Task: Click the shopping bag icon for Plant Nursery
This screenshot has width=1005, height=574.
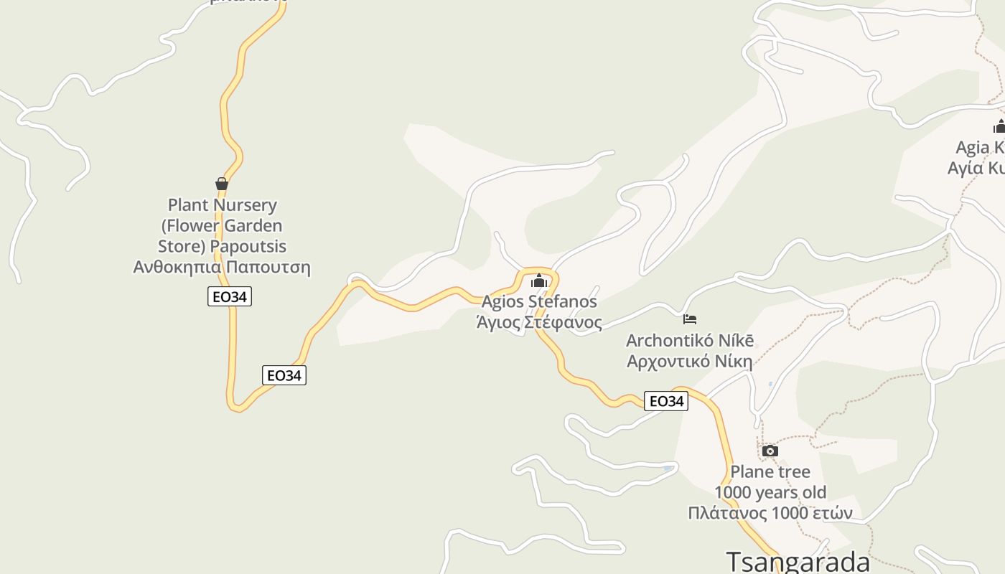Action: coord(222,184)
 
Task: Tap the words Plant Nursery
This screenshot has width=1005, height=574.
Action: coord(222,205)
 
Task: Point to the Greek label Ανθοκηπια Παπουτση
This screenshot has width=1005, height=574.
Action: coord(222,268)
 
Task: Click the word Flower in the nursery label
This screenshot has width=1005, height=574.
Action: coord(194,226)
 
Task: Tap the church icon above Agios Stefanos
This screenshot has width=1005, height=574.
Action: coord(539,280)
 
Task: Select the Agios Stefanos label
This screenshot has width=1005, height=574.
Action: coord(539,301)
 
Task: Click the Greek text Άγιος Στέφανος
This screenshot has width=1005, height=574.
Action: coord(539,322)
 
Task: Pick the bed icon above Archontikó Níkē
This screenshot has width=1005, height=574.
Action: coord(690,319)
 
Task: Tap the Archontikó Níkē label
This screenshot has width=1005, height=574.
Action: coord(690,340)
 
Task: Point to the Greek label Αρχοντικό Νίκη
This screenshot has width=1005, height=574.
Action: coord(690,361)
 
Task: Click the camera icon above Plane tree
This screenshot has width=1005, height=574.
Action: coord(770,451)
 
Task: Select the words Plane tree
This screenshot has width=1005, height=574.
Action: coord(770,472)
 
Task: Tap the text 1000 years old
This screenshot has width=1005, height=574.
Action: coord(770,493)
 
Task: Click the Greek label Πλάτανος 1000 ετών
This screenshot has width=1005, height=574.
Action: coord(770,514)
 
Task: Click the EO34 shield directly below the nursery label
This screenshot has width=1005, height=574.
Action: coord(230,296)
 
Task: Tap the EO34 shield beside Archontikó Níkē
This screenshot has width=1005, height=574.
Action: coord(666,401)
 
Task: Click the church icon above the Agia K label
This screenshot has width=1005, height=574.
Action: coord(999,127)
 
